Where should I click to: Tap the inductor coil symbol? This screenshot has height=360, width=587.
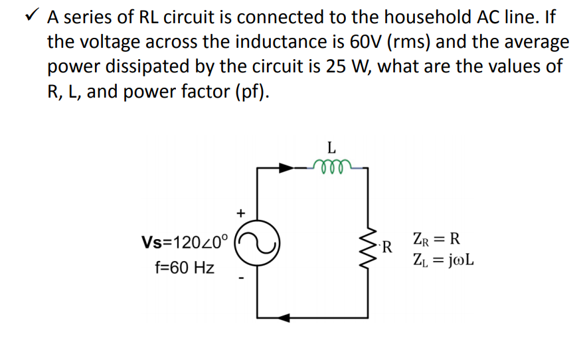[329, 166]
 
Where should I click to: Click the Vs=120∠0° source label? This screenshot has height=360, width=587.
[185, 240]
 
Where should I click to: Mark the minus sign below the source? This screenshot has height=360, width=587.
[241, 278]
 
